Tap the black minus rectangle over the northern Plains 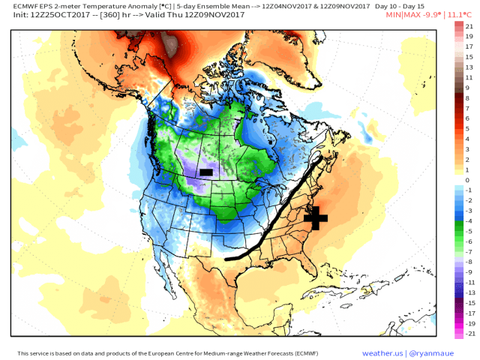tap(206, 172)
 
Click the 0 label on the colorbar tap(466, 180)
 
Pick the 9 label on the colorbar tap(466, 88)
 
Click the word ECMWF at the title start tap(27, 5)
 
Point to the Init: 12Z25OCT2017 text tap(48, 14)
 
